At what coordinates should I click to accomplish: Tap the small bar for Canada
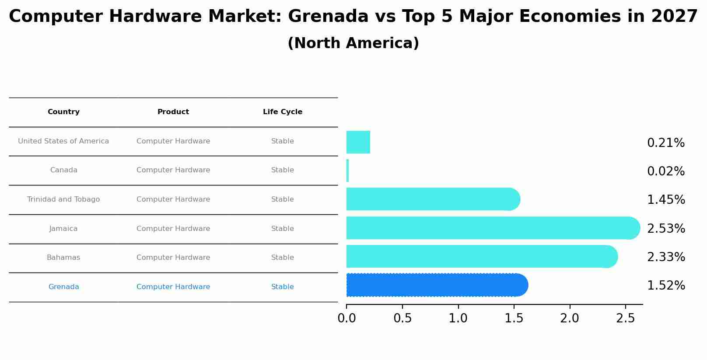click(348, 171)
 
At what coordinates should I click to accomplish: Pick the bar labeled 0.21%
click(358, 142)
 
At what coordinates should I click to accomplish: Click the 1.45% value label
click(665, 200)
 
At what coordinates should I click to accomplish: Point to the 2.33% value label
click(665, 257)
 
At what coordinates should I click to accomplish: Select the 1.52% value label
click(665, 286)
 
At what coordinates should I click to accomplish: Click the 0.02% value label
click(665, 171)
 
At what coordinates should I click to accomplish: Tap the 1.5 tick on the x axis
click(514, 318)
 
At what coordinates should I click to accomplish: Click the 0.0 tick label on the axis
click(346, 318)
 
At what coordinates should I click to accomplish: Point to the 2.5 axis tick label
click(625, 318)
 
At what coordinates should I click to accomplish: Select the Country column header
click(63, 112)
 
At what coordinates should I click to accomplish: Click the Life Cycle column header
click(282, 112)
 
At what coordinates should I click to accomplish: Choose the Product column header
click(173, 112)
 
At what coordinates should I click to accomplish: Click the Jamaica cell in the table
click(63, 229)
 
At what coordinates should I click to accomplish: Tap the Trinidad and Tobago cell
click(63, 199)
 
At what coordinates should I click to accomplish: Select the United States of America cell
click(63, 141)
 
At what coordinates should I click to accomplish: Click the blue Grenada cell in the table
click(63, 287)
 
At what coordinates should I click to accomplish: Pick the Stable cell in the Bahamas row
click(282, 258)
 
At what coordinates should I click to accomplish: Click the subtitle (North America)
click(353, 43)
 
